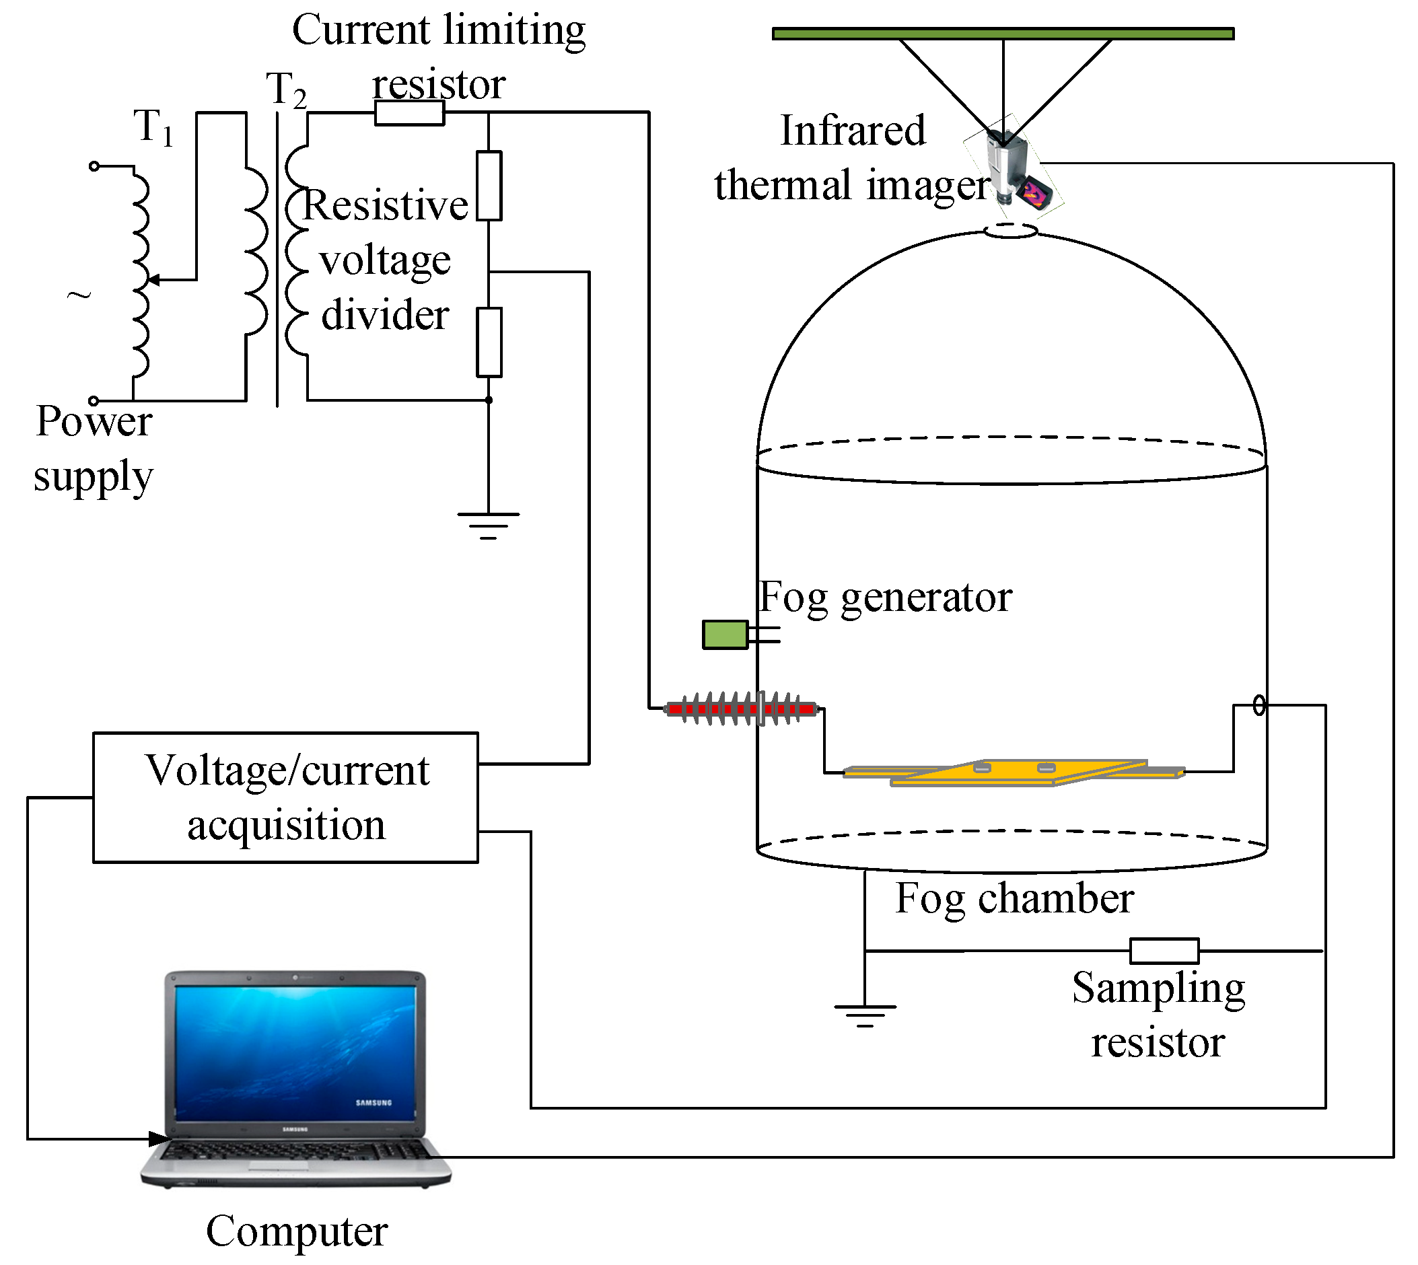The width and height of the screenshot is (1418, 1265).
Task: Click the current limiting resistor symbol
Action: click(409, 112)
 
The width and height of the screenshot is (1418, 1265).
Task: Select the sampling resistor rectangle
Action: click(1164, 951)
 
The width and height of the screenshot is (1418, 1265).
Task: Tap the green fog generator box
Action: click(725, 635)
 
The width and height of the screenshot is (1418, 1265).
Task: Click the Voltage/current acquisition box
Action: click(285, 797)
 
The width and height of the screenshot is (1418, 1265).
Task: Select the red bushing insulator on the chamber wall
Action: click(742, 709)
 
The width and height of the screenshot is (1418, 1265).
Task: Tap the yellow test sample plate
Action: click(1014, 773)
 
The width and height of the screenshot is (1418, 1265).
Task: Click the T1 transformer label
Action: click(153, 127)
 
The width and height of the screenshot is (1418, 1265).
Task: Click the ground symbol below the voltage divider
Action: click(489, 526)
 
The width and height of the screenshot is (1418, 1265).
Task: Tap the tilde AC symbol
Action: click(79, 295)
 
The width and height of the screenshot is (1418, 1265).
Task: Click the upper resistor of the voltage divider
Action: click(489, 186)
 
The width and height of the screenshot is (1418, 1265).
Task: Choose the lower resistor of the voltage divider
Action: click(489, 342)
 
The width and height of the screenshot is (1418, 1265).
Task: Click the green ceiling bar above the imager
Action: click(1003, 34)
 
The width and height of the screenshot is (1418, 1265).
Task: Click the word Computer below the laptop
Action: click(297, 1231)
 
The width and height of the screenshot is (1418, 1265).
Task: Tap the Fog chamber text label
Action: click(1015, 899)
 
